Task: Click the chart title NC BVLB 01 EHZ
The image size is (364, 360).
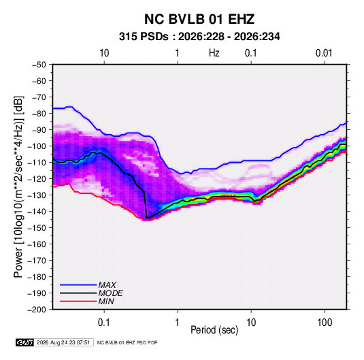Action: (x=199, y=19)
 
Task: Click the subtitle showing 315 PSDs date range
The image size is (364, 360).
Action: (x=199, y=37)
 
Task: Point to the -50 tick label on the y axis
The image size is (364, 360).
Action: (x=39, y=65)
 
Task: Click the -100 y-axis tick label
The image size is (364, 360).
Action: (x=37, y=146)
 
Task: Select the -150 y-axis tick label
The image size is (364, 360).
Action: (x=37, y=227)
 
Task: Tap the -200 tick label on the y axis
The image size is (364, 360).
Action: (x=37, y=310)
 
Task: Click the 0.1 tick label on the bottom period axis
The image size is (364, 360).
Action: (x=104, y=323)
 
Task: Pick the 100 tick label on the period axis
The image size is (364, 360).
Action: (x=325, y=323)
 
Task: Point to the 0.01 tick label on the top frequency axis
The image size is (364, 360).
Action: (x=324, y=53)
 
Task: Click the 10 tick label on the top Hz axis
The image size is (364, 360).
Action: (x=104, y=53)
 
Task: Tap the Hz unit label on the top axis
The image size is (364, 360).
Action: (x=214, y=53)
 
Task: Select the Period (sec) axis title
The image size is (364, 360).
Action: (x=214, y=330)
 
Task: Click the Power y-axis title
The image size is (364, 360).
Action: (x=18, y=187)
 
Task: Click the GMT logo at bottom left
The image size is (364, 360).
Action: (x=25, y=342)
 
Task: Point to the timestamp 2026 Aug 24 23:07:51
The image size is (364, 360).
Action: (x=63, y=342)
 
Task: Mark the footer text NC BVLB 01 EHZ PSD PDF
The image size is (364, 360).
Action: (x=127, y=342)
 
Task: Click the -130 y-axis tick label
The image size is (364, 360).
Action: (x=37, y=195)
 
